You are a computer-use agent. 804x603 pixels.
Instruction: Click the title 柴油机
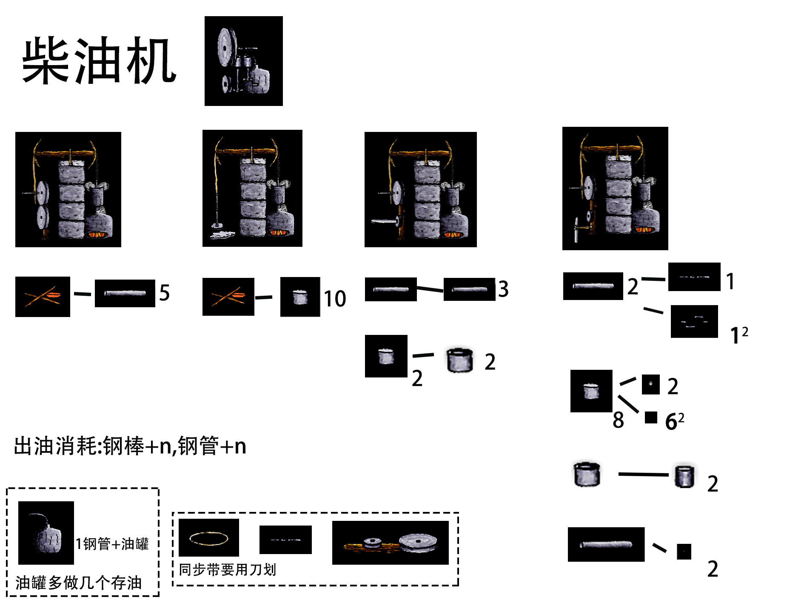(x=99, y=60)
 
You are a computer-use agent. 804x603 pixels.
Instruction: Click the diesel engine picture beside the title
(x=243, y=61)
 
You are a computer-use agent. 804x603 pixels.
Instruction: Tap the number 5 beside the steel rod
(x=165, y=293)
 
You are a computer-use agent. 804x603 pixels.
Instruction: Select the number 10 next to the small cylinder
(x=335, y=298)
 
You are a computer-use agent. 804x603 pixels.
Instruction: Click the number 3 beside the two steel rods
(x=503, y=289)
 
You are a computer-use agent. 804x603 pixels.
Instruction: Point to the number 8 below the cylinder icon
(x=618, y=420)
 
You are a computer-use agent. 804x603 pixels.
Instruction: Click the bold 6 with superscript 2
(x=671, y=422)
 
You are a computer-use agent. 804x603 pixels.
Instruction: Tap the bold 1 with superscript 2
(x=735, y=335)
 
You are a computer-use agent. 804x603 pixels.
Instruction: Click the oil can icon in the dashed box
(x=46, y=533)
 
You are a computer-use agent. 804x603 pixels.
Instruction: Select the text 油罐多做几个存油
(x=79, y=583)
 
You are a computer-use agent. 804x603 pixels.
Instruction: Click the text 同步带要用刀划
(x=228, y=570)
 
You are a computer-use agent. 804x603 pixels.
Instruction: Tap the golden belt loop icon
(x=208, y=538)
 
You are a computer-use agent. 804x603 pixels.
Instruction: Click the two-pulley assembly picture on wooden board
(x=390, y=543)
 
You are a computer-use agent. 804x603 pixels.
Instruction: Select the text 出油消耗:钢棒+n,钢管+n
(x=130, y=446)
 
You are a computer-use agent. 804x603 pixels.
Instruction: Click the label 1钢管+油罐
(x=112, y=544)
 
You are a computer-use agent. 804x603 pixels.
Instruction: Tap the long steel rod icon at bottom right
(x=606, y=545)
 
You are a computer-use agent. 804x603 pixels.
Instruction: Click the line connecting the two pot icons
(x=643, y=474)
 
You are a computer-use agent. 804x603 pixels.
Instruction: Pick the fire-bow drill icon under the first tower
(x=43, y=297)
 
